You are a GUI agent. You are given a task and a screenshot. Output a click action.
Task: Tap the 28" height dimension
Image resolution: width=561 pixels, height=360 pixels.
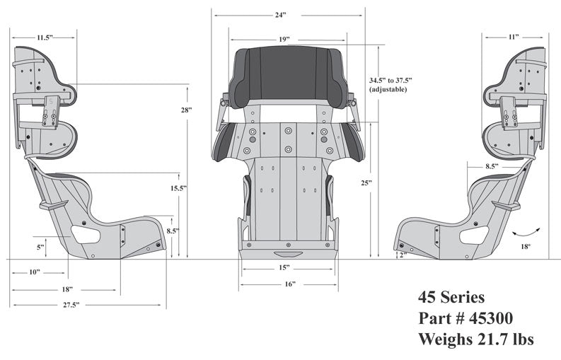click(x=187, y=110)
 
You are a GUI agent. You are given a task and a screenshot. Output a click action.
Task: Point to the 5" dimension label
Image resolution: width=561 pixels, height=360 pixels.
click(x=41, y=247)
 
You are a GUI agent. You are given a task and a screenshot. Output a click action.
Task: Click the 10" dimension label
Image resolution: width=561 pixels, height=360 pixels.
click(x=34, y=272)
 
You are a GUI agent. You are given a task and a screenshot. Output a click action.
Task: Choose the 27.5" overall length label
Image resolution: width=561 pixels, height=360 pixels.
click(x=69, y=305)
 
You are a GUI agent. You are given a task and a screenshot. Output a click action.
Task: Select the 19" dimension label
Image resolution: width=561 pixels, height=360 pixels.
click(x=283, y=40)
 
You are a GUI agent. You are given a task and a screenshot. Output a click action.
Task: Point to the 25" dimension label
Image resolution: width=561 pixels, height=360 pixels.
click(x=366, y=182)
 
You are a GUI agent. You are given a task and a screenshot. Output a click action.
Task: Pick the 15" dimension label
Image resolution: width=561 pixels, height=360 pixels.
click(x=283, y=267)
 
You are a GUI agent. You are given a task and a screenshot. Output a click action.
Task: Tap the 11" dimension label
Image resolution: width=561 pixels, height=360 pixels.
click(x=514, y=36)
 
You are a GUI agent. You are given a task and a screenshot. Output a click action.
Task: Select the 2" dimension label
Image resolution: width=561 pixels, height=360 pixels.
click(x=402, y=255)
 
